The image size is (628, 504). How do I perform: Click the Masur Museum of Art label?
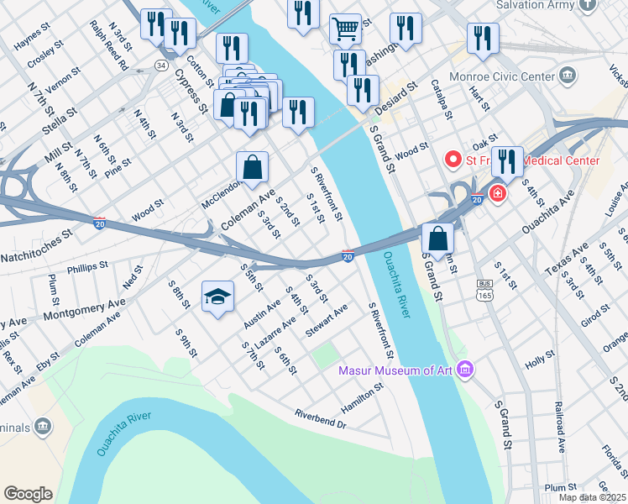(x=395, y=370)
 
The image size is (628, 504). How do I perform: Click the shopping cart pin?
(x=345, y=29)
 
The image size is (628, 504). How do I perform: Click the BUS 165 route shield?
(x=484, y=290)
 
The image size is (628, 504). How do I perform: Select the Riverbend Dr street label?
(x=320, y=418)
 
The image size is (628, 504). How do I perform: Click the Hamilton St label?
(x=362, y=396)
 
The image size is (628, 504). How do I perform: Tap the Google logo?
(x=28, y=494)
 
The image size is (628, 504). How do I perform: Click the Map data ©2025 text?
(x=592, y=497)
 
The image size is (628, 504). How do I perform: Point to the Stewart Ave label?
(x=327, y=322)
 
